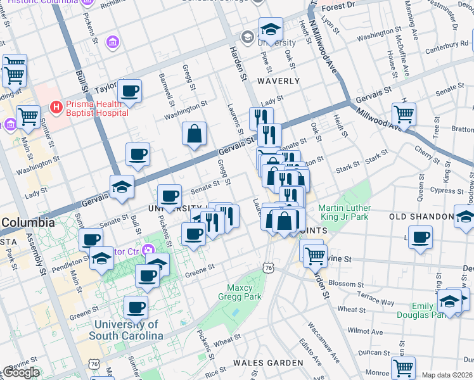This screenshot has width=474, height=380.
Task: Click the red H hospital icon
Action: coord(56,107)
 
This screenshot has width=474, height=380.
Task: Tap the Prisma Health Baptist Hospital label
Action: coord(96,107)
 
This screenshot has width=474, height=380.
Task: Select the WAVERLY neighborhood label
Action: coord(278,81)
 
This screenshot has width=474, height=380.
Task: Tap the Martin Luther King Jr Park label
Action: coord(343,213)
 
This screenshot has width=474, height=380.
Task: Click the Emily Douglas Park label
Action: coord(414,310)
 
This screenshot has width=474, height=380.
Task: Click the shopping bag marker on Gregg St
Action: coord(194,134)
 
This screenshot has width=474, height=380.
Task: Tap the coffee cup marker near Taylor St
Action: coord(130,91)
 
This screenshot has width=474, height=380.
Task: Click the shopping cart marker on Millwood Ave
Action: coord(404,115)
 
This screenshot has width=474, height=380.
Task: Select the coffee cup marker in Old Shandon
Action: coord(420,238)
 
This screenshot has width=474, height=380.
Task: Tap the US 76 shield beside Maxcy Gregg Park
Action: coord(269,269)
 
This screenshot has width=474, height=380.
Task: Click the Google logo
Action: coord(22,372)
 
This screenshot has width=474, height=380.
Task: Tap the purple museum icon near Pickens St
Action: coord(113,42)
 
